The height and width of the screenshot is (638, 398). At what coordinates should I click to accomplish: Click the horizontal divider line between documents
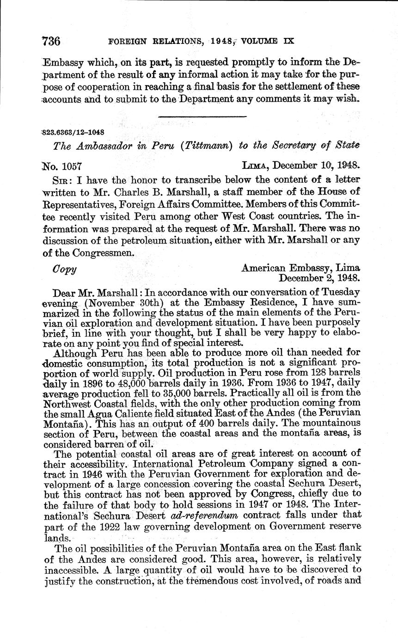tap(202, 117)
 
